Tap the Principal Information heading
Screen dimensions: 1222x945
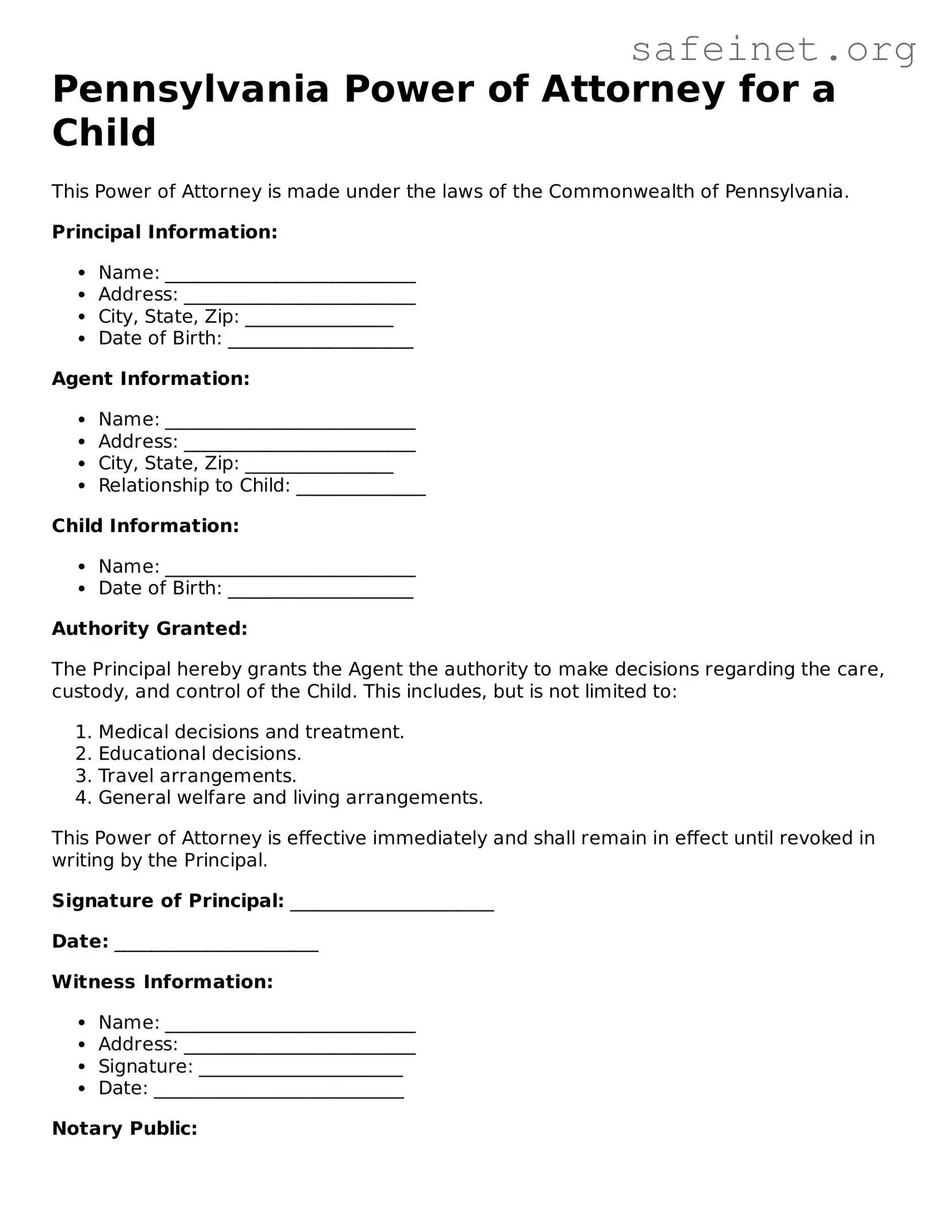click(164, 232)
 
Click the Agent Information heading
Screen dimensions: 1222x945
click(151, 379)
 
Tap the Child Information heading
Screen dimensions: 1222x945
click(145, 526)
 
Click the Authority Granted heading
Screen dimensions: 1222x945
click(149, 629)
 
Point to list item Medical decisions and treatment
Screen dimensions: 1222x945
click(251, 732)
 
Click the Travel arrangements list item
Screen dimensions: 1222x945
click(197, 776)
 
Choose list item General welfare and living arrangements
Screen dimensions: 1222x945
click(290, 798)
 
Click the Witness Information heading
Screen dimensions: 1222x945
click(162, 982)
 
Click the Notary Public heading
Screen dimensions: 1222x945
click(125, 1129)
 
